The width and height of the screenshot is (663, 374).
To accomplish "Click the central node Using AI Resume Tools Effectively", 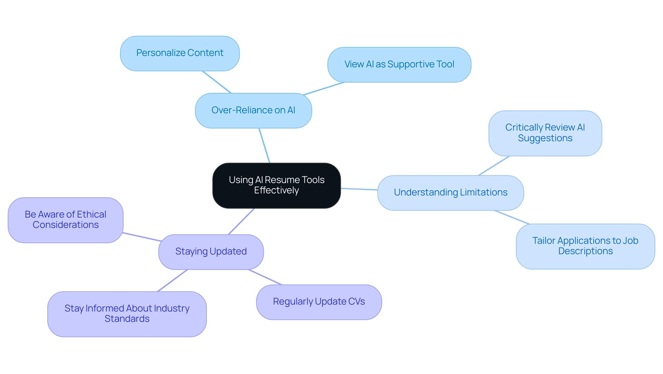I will [276, 185].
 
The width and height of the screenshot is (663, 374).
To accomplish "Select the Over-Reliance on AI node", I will [253, 111].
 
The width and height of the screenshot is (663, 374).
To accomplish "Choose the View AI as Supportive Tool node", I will [399, 65].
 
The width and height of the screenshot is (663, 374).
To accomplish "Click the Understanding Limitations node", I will [450, 193].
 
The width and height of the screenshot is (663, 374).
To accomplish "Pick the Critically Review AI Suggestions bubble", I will [545, 133].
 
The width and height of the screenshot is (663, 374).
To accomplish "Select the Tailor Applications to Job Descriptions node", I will [585, 246].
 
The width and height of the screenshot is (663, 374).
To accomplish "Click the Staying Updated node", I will [211, 252].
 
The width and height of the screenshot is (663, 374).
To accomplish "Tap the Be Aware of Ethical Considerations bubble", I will [65, 220].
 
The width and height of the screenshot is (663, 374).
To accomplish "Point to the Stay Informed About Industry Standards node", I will [127, 314].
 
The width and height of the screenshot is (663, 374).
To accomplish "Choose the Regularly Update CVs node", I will [318, 302].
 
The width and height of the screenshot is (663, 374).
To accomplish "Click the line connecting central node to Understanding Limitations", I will [359, 189].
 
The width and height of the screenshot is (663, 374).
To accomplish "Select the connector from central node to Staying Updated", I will [241, 222].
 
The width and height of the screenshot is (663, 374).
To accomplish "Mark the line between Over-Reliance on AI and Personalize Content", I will [217, 82].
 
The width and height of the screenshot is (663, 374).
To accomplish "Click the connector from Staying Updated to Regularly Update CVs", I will [265, 277].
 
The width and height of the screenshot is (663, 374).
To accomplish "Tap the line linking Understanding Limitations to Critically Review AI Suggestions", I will [494, 166].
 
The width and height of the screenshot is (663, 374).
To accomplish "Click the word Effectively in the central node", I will [276, 191].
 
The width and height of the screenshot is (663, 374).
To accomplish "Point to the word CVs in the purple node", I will [356, 302].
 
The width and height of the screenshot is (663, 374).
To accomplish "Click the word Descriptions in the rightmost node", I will [585, 251].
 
